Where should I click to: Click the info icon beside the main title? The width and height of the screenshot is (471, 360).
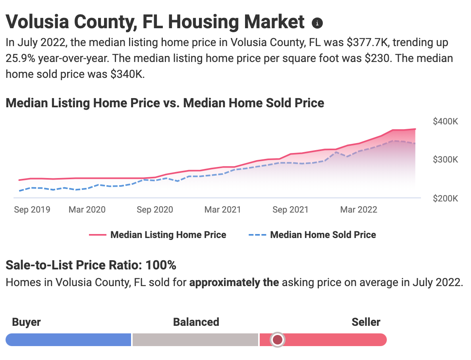coord(317,23)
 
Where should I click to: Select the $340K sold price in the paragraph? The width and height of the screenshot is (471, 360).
coord(128,74)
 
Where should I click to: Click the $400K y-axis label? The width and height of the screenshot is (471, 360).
coord(445,121)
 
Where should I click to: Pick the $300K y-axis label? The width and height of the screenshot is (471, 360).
coord(445,160)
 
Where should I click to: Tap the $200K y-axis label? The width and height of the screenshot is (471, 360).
coord(445,198)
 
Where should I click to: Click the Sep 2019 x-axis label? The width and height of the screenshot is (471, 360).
coord(32,209)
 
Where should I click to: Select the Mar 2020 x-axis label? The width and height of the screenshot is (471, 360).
coord(87,209)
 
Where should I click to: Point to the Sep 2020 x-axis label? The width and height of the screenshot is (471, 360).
coord(155,209)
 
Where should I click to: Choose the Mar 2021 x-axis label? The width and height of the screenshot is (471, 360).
coord(222,209)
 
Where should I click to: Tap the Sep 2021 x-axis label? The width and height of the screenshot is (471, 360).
coord(290,209)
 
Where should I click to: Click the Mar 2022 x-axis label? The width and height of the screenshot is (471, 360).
coord(359,209)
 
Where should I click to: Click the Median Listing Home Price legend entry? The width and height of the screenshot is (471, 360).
coord(168,235)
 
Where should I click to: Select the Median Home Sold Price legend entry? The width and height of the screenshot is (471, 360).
coord(322,235)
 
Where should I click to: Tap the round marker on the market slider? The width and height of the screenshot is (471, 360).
coord(278,340)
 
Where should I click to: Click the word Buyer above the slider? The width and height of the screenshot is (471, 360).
coord(26,322)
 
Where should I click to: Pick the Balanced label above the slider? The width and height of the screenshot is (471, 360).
coord(196,322)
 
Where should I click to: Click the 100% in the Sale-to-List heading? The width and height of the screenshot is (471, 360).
coord(161,265)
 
